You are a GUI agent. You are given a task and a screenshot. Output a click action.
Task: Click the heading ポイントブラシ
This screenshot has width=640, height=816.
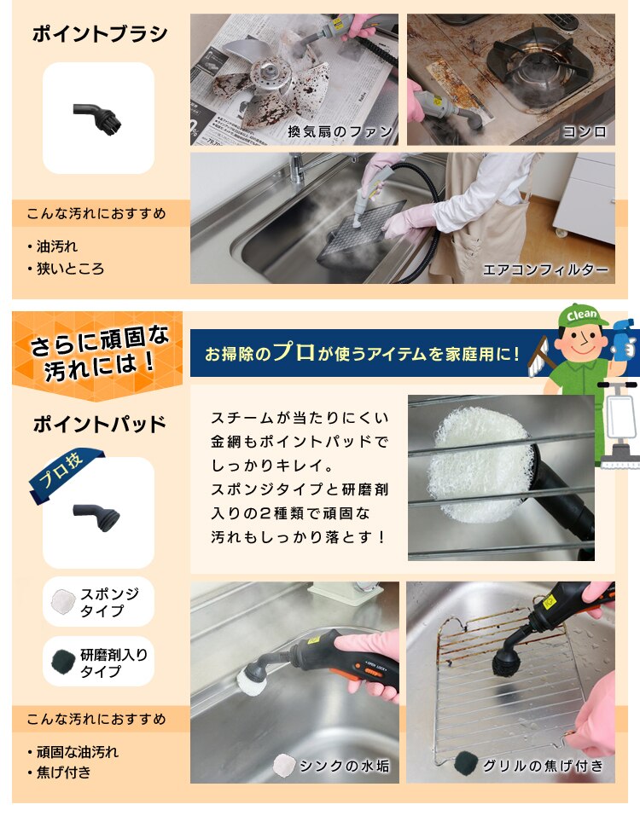(99, 34)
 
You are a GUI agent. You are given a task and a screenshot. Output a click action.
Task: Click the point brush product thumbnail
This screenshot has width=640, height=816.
(98, 117)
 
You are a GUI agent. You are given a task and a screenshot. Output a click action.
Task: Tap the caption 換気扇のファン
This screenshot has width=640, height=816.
(340, 131)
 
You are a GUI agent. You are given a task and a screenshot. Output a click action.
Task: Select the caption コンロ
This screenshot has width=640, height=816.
(584, 131)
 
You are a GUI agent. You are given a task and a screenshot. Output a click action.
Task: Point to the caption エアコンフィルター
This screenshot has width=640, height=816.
(545, 269)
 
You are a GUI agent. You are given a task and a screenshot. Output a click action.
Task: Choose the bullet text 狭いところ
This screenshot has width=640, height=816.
(70, 269)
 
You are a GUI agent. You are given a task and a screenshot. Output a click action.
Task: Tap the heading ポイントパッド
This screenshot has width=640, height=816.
(99, 424)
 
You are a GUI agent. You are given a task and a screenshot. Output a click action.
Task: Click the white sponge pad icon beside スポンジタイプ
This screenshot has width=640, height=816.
(63, 601)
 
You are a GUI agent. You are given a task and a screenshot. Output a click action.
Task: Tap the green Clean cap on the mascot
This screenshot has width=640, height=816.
(583, 315)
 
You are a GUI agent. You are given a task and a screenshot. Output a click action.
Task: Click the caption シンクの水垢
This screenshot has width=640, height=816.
(343, 766)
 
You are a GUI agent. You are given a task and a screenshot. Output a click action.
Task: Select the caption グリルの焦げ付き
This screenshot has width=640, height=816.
(543, 766)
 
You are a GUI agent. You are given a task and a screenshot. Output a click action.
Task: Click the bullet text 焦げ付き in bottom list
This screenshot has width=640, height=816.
(63, 773)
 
